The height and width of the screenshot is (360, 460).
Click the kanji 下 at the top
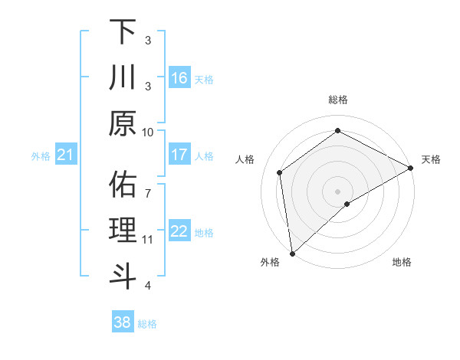click(x=123, y=32)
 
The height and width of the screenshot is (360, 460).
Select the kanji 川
click(x=123, y=77)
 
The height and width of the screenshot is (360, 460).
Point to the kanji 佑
click(x=123, y=185)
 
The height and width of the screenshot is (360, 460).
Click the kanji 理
click(x=123, y=231)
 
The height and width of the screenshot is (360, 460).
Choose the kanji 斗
click(x=123, y=277)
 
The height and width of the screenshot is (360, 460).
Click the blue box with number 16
click(x=179, y=77)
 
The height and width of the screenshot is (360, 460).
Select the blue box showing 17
click(x=179, y=155)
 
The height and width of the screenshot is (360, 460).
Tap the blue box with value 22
click(x=179, y=231)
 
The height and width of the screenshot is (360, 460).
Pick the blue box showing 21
click(x=66, y=155)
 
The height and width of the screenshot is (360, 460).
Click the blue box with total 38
click(x=123, y=322)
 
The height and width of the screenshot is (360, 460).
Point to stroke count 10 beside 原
click(x=148, y=132)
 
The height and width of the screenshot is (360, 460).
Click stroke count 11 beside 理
click(x=148, y=240)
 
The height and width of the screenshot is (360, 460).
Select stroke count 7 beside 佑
click(x=148, y=185)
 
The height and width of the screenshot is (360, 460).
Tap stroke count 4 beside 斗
click(x=148, y=286)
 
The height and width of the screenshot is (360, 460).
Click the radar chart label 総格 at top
click(x=338, y=100)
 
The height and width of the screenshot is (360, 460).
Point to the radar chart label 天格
click(x=431, y=159)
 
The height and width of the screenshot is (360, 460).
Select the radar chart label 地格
click(x=402, y=262)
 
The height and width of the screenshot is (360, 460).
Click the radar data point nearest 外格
click(x=292, y=253)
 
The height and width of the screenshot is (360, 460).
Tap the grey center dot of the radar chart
click(x=338, y=190)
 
